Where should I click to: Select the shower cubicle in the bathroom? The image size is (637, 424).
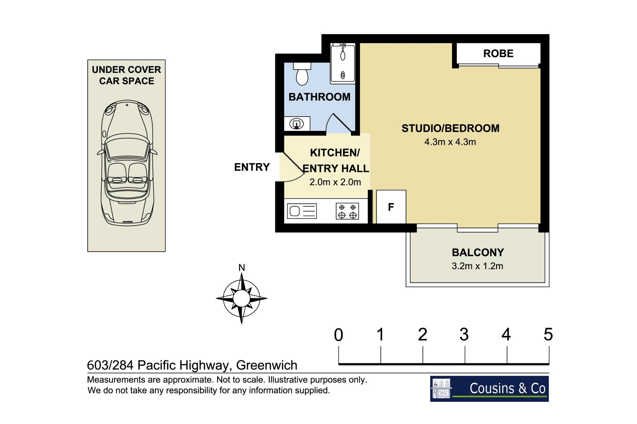tap(343, 63)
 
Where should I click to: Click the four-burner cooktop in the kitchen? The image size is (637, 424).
tap(347, 211)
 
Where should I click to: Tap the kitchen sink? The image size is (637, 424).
tap(302, 211)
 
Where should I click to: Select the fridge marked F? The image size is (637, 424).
tap(391, 207)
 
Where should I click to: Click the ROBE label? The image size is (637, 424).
tap(498, 53)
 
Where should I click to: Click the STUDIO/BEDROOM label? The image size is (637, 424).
tap(450, 128)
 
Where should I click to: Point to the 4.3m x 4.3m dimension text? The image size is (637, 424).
tap(450, 142)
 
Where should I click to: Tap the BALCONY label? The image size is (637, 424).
tap(478, 253)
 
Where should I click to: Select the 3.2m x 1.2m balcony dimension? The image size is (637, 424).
tap(477, 266)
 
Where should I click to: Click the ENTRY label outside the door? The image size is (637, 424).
tap(252, 167)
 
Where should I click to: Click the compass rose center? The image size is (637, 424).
tap(242, 298)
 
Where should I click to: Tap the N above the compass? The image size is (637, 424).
tap(242, 268)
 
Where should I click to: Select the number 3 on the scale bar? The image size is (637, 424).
tap(464, 334)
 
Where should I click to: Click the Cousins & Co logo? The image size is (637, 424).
tap(489, 389)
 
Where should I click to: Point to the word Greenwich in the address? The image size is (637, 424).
tap(267, 365)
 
